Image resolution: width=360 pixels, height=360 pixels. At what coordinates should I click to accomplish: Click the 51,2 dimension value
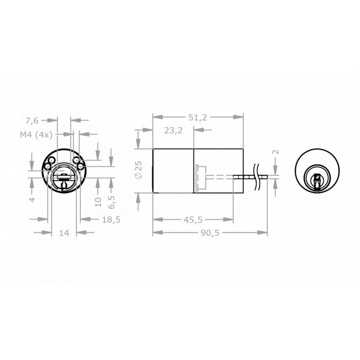(197, 117)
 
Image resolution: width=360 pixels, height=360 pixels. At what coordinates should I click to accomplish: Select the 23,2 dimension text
(173, 131)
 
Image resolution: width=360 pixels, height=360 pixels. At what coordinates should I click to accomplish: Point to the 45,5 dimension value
(192, 219)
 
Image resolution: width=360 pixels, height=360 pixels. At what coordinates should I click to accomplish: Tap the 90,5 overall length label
(210, 233)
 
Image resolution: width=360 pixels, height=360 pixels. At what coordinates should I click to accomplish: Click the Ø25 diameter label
(138, 169)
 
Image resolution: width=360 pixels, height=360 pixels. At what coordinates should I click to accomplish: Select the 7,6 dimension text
(32, 120)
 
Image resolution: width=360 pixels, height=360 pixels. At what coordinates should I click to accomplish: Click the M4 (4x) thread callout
(36, 134)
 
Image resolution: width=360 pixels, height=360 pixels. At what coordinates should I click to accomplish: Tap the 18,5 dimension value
(111, 219)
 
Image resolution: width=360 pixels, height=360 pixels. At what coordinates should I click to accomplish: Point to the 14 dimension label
(64, 233)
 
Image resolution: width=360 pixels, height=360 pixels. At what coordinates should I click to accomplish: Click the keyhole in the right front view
(317, 181)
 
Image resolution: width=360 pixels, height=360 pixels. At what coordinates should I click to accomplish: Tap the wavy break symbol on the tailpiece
(257, 171)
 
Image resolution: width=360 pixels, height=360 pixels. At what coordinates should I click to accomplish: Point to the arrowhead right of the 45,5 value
(229, 219)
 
